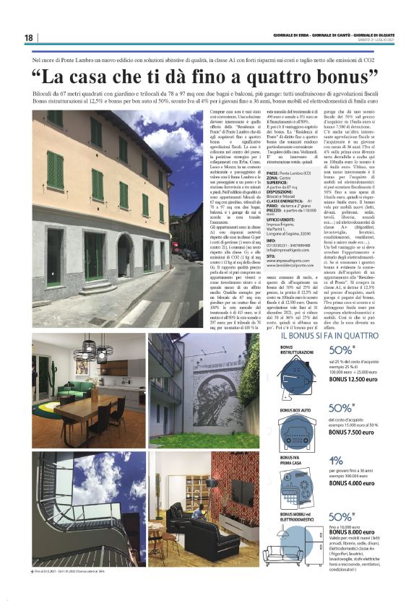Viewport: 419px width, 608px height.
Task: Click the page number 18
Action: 28,38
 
